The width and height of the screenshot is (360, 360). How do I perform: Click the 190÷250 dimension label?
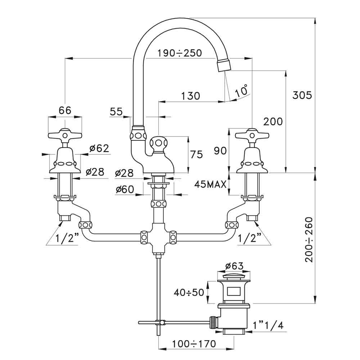click(180, 53)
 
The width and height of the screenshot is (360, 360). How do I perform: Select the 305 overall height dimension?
click(302, 95)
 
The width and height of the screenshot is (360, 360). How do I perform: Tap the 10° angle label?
click(242, 90)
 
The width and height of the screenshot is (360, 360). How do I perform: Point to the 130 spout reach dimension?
click(190, 96)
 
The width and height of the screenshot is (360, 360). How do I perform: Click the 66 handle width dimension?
click(65, 111)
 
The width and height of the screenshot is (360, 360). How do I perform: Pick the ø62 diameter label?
click(99, 148)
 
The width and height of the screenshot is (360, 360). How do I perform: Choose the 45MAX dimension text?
click(210, 184)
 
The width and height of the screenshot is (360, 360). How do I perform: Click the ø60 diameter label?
click(125, 190)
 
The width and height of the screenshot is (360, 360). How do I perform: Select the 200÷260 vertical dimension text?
click(309, 240)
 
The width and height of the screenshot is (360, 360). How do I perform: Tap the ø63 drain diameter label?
click(234, 266)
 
